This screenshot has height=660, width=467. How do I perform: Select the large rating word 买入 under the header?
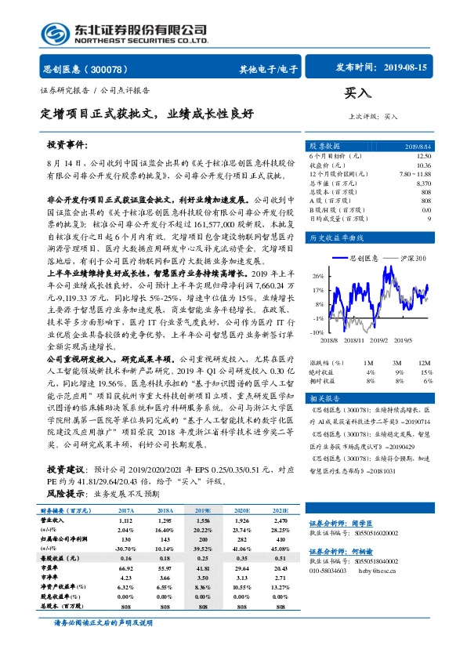357,93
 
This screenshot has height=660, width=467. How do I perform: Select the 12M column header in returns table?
422,363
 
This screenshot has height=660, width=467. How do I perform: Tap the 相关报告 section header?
323,398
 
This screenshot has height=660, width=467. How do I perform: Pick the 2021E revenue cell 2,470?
258,520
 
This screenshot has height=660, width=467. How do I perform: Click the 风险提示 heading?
63,495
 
